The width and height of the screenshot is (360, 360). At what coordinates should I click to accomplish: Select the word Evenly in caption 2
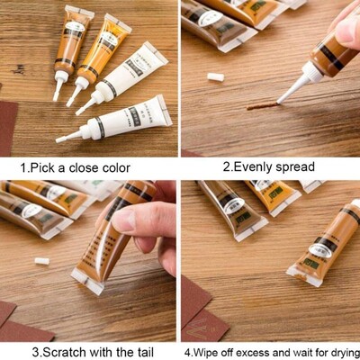pos(256,166)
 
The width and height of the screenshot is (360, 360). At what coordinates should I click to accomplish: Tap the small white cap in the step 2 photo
pos(215,77)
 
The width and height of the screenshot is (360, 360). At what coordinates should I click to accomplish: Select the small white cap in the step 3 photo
pos(41,260)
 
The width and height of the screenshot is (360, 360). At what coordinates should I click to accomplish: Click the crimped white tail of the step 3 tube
pos(89,284)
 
